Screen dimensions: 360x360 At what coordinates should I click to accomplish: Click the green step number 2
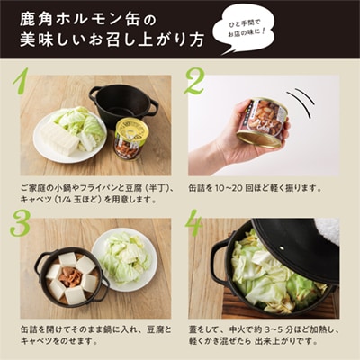pyautogui.click(x=195, y=82)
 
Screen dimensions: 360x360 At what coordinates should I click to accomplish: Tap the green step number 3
pyautogui.click(x=20, y=224)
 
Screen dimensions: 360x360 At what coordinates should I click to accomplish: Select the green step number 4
pyautogui.click(x=195, y=223)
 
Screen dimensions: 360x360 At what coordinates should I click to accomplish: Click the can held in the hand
pyautogui.click(x=262, y=122)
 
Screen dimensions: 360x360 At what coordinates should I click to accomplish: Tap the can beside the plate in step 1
pyautogui.click(x=131, y=138)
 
